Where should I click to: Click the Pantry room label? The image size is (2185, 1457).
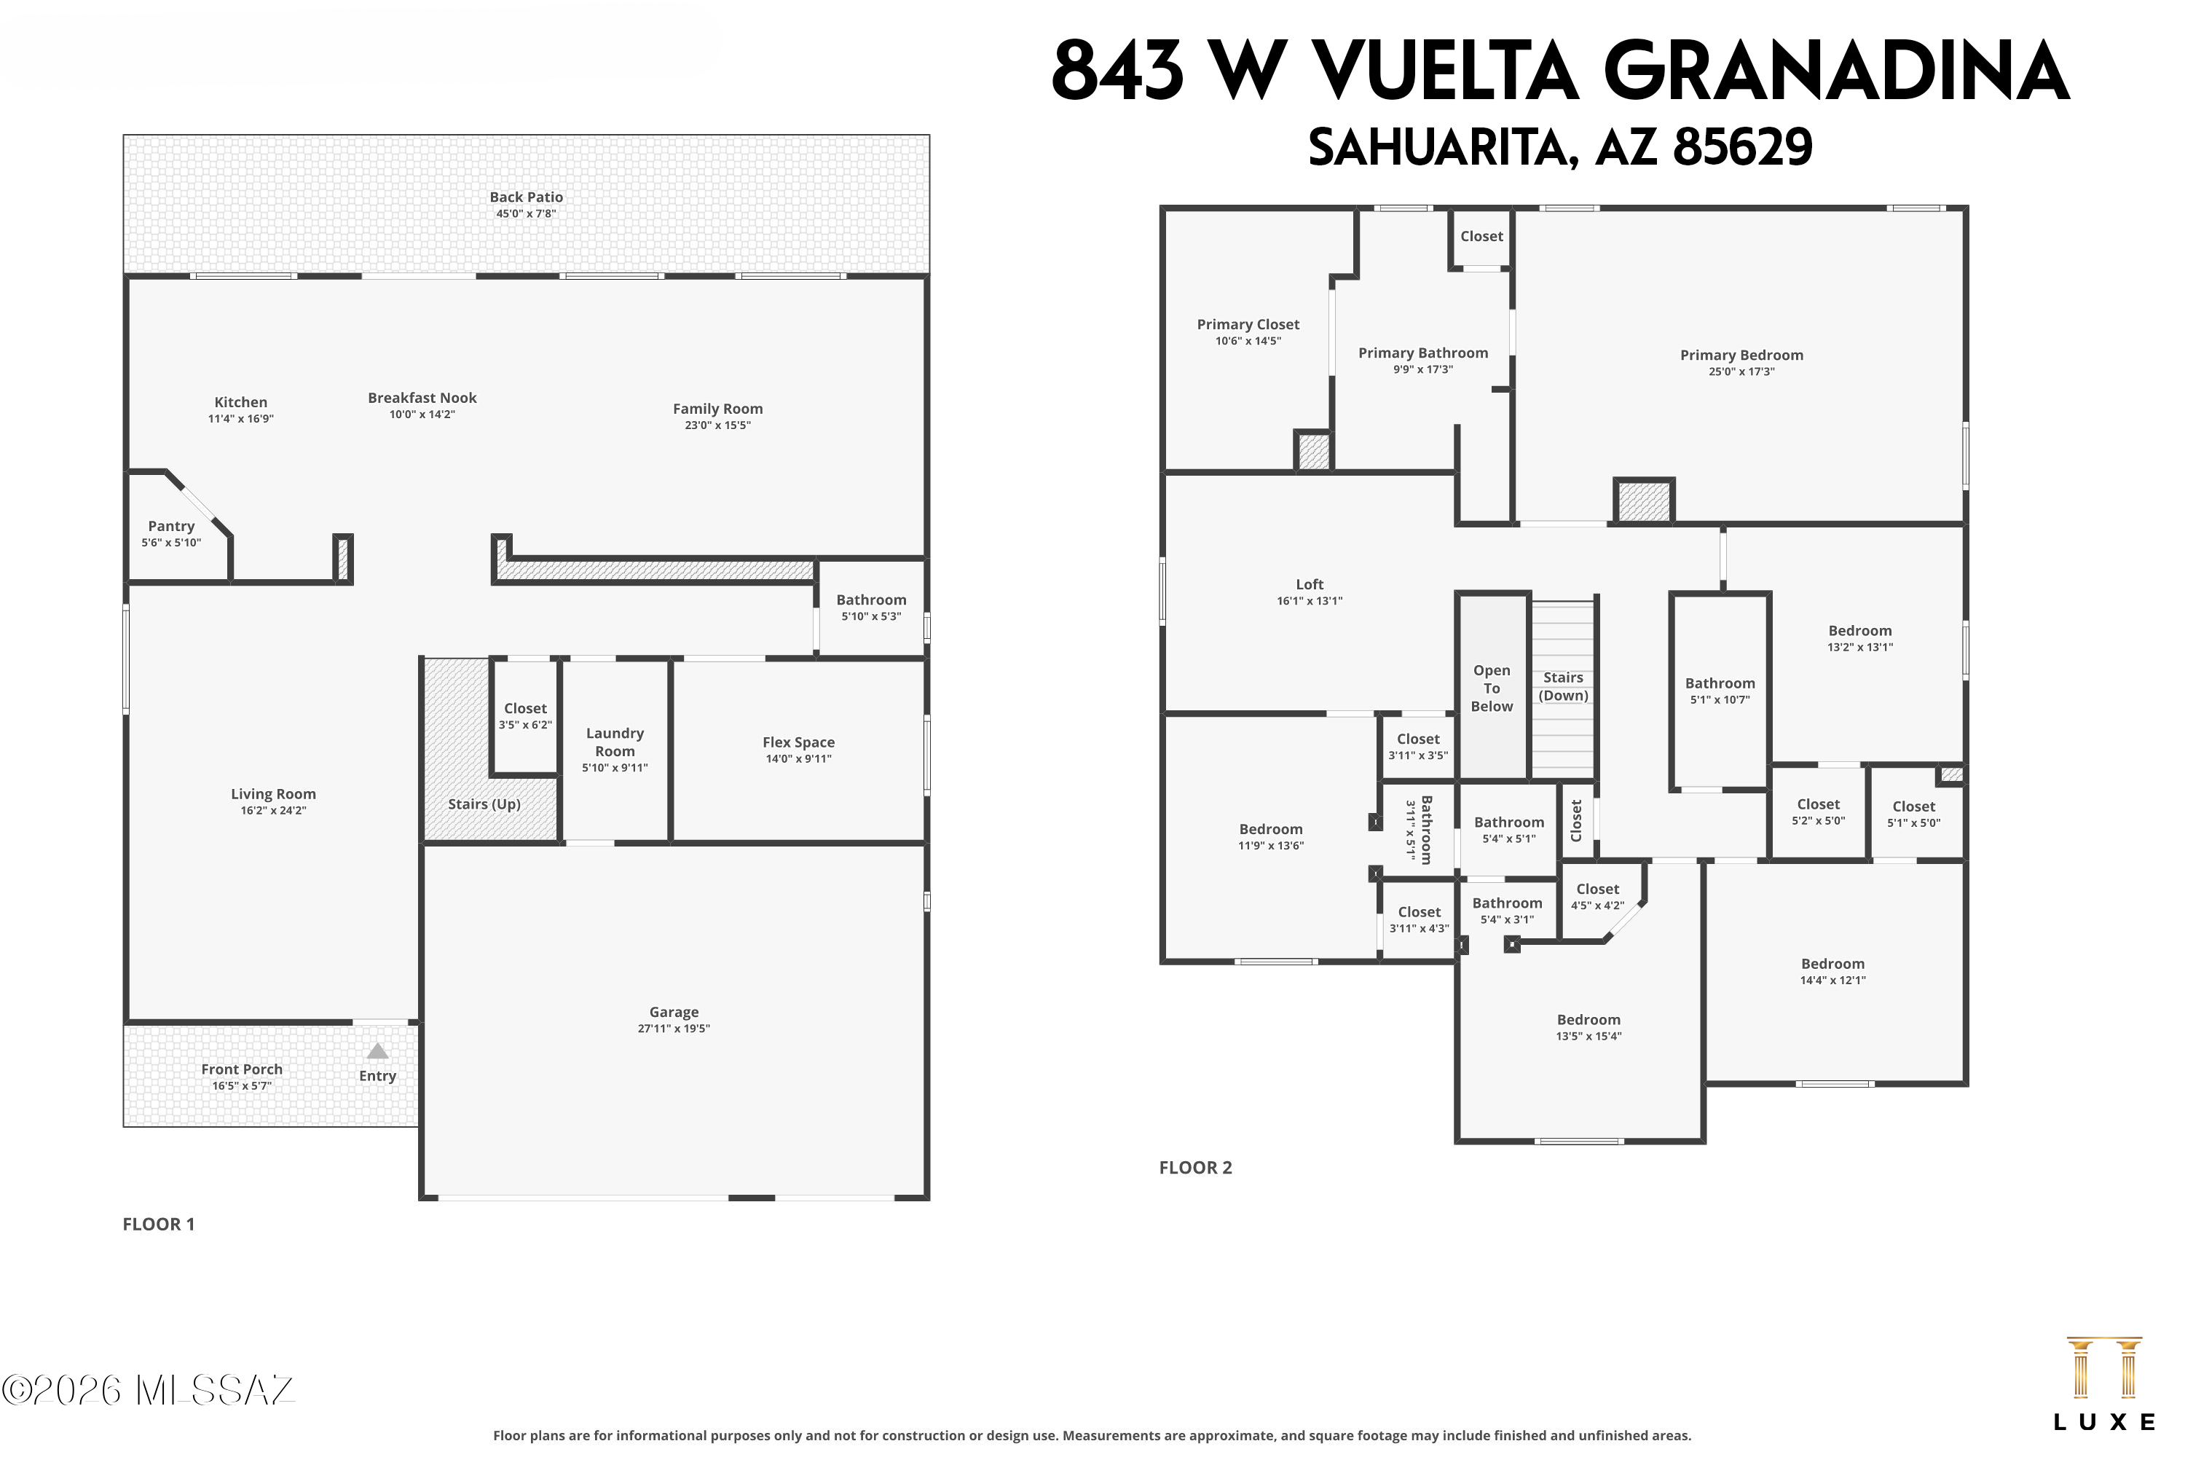pyautogui.click(x=171, y=526)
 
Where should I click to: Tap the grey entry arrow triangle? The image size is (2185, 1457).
pyautogui.click(x=377, y=1051)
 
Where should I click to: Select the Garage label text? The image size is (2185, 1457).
pyautogui.click(x=674, y=1012)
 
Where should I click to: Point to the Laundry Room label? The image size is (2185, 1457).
pyautogui.click(x=615, y=742)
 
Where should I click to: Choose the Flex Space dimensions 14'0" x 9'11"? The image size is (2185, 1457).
pyautogui.click(x=798, y=758)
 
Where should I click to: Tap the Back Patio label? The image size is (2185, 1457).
pyautogui.click(x=526, y=197)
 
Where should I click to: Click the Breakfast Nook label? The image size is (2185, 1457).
pyautogui.click(x=422, y=398)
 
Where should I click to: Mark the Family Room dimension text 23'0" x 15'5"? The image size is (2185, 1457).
pyautogui.click(x=717, y=425)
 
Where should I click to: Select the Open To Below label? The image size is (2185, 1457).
pyautogui.click(x=1491, y=688)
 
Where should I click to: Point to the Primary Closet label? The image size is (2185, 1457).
pyautogui.click(x=1248, y=324)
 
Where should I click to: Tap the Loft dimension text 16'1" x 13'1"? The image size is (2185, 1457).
pyautogui.click(x=1309, y=601)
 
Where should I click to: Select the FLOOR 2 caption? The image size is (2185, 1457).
pyautogui.click(x=1196, y=1168)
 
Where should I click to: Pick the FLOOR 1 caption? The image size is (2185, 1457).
pyautogui.click(x=159, y=1225)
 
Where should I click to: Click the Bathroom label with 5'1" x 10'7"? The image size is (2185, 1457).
pyautogui.click(x=1720, y=683)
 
